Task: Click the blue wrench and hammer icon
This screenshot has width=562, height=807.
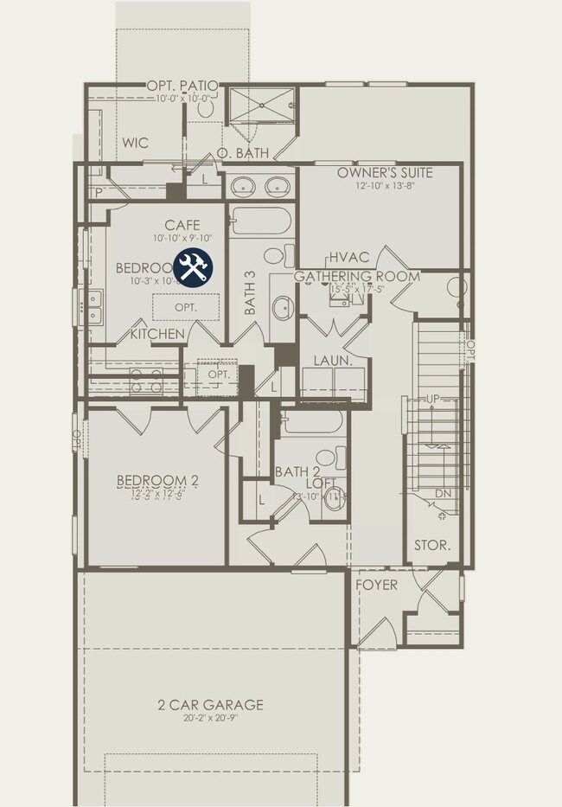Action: [194, 267]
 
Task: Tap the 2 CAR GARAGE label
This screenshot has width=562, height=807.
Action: [211, 705]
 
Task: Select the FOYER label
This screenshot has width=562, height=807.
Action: [377, 586]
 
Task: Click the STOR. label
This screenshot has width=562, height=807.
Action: [432, 546]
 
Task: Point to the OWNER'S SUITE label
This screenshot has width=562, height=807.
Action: [385, 172]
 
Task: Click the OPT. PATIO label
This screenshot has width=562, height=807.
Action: [182, 86]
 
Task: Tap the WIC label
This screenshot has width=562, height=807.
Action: [136, 143]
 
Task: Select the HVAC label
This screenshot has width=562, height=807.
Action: [349, 258]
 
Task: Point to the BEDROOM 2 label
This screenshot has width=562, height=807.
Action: [158, 481]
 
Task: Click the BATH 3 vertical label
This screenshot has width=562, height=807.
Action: [250, 292]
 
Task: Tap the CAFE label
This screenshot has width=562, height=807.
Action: [182, 226]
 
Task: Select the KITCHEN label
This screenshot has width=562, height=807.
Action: [157, 333]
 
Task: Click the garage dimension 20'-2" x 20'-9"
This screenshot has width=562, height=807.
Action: [211, 719]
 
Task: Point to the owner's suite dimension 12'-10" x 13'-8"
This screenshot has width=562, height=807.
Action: [385, 185]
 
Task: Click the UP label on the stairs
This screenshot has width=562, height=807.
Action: [433, 399]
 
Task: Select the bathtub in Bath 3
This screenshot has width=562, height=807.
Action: [262, 224]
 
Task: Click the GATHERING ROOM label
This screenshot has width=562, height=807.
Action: [356, 277]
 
